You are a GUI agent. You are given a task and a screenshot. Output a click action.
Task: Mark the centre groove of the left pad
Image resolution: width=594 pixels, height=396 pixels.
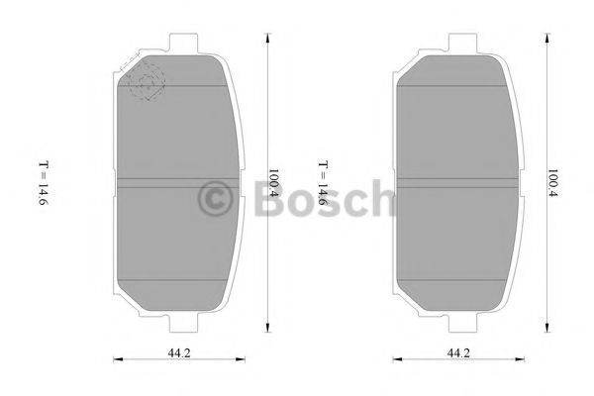(x=177, y=182)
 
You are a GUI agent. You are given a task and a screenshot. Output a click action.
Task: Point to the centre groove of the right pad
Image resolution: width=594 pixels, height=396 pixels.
(x=458, y=182)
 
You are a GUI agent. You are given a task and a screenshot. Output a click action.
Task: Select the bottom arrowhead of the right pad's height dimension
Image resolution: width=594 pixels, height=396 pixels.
(x=547, y=331)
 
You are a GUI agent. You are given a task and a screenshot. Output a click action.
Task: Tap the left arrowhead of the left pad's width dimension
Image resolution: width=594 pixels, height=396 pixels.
(x=116, y=360)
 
